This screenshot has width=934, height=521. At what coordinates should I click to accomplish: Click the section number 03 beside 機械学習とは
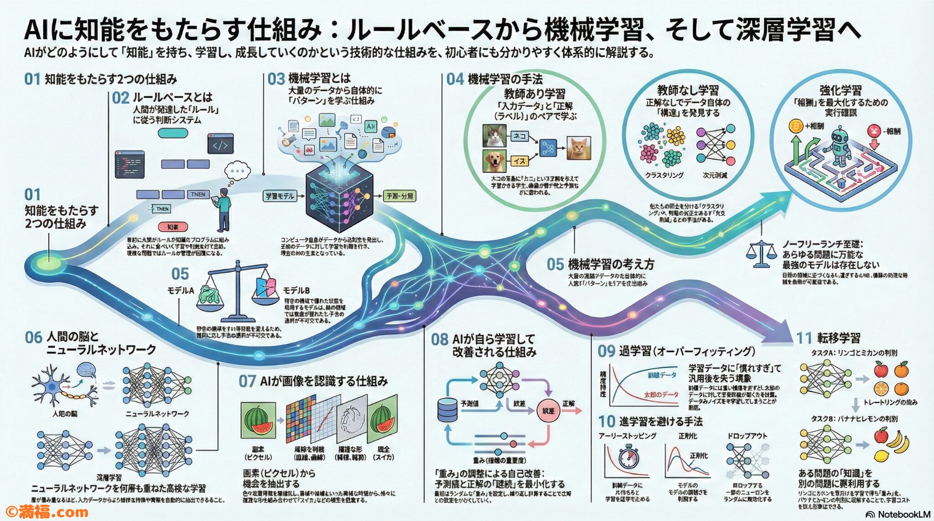coord(276,79)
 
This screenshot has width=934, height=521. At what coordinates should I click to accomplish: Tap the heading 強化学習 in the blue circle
coord(840,90)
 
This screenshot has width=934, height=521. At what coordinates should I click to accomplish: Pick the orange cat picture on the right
coord(579,148)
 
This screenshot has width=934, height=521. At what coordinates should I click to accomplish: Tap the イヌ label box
coord(519,161)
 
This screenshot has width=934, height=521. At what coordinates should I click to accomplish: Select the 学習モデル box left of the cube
coord(279,196)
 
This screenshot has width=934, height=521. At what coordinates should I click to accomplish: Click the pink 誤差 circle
coord(548,411)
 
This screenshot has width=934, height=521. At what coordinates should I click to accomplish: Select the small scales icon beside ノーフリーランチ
coord(761,254)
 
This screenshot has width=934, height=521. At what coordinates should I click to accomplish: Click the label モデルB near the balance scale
coord(296,290)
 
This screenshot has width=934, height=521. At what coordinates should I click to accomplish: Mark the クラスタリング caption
coord(664,175)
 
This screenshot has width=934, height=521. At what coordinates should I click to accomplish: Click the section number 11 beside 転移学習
coord(804,338)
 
